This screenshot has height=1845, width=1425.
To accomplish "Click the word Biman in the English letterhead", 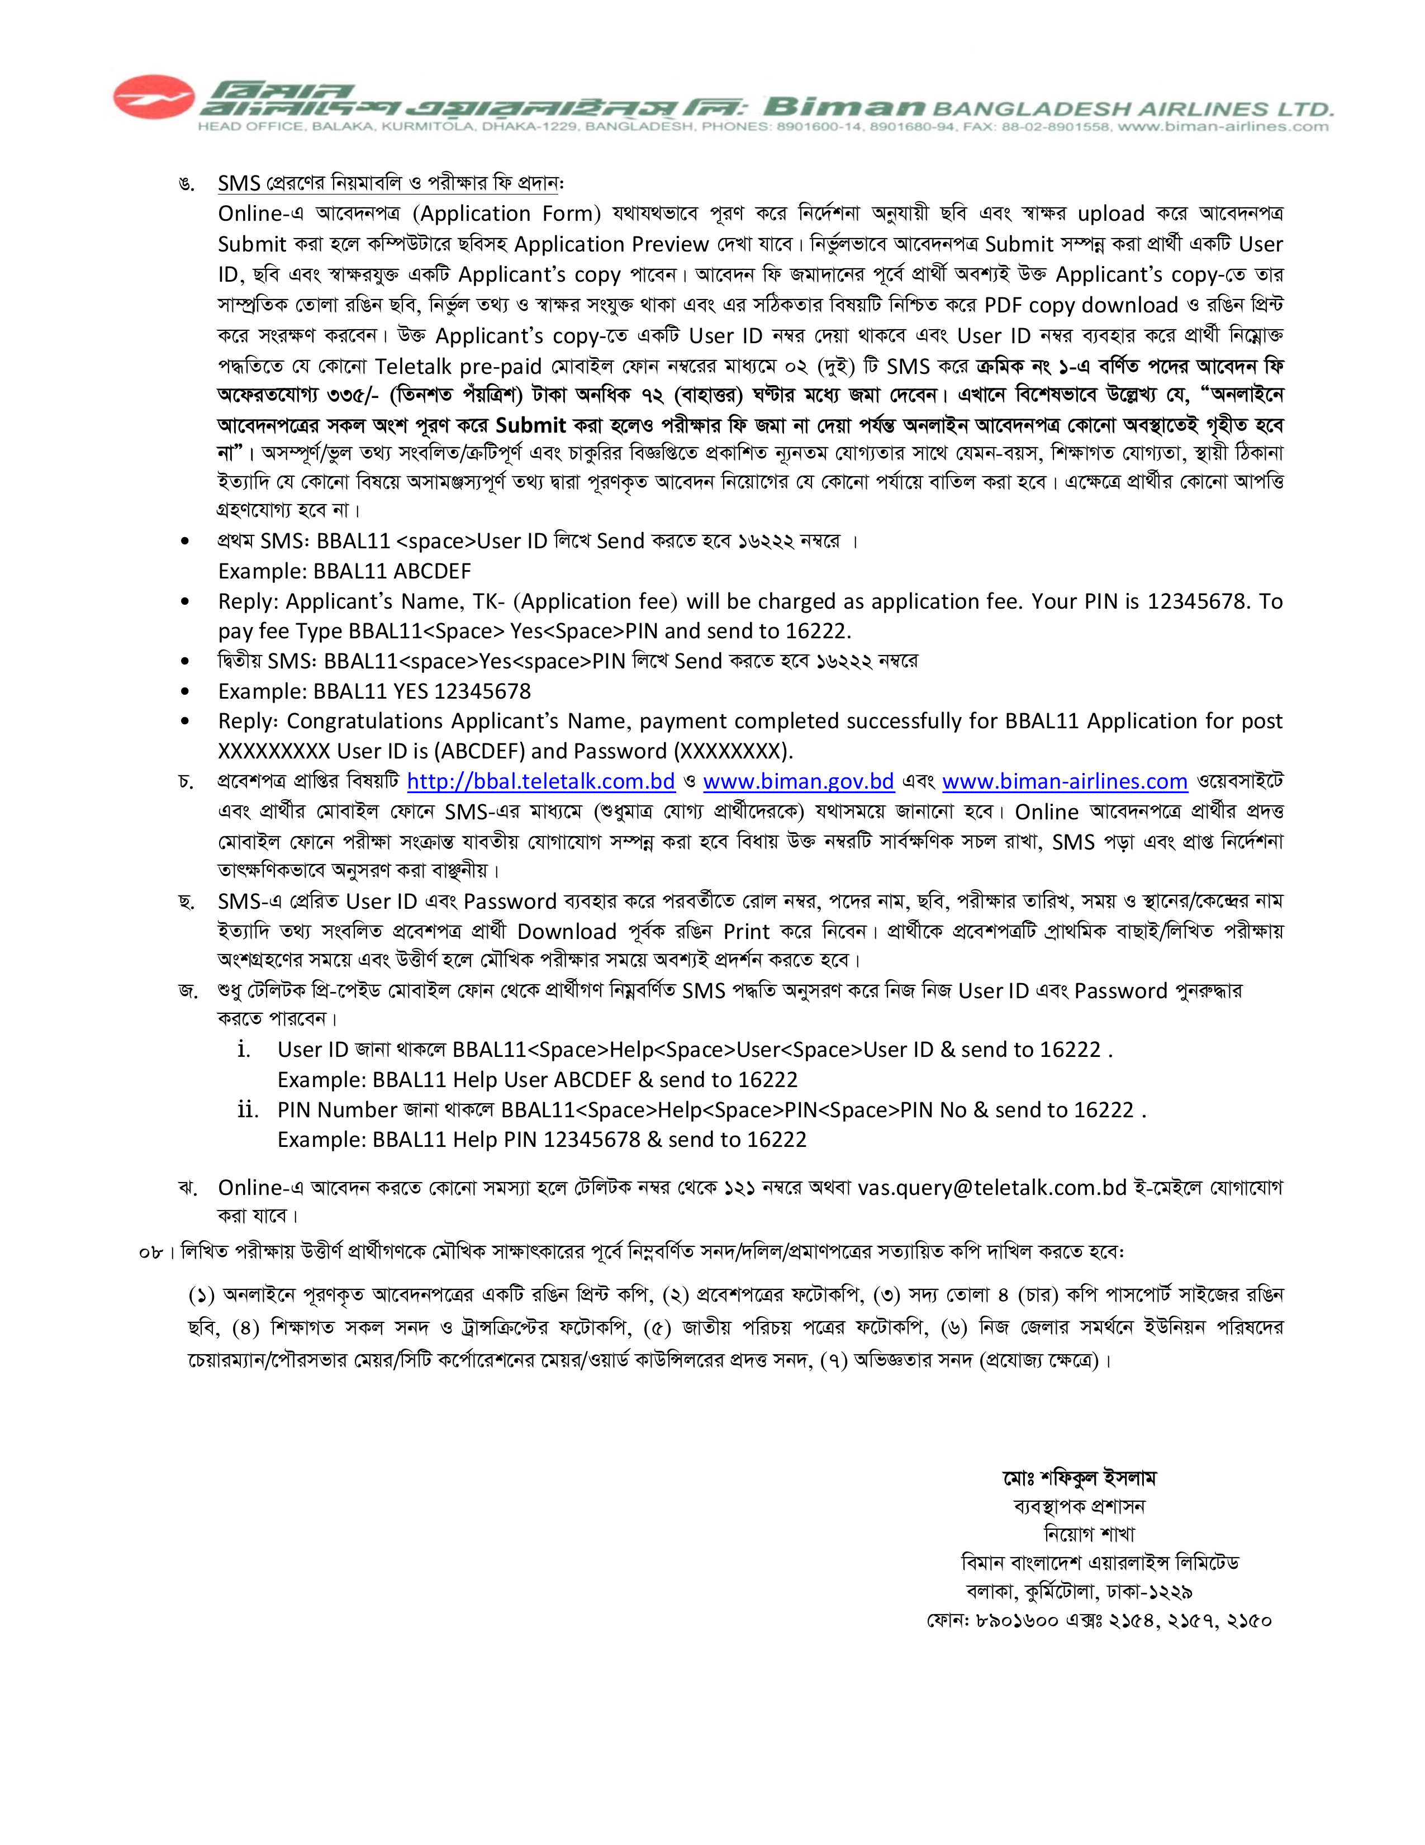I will (x=844, y=107).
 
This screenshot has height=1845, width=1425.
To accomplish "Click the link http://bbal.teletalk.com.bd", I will (x=540, y=781).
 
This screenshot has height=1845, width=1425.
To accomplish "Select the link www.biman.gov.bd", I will (x=798, y=781).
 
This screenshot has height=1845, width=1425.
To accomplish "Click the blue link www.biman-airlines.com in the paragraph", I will (x=1065, y=781).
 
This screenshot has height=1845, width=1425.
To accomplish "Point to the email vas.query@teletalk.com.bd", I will (x=992, y=1188).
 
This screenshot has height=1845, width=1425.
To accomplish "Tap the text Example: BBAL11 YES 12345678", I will (x=374, y=691).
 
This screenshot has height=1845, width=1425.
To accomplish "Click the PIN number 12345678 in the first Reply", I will (x=1197, y=601).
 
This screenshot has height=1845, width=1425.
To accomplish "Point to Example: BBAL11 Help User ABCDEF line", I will (x=537, y=1080).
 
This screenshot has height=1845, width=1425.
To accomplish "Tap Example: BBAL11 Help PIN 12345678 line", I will (x=541, y=1140).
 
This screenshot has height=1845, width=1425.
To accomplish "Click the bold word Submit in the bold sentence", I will (x=530, y=425).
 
